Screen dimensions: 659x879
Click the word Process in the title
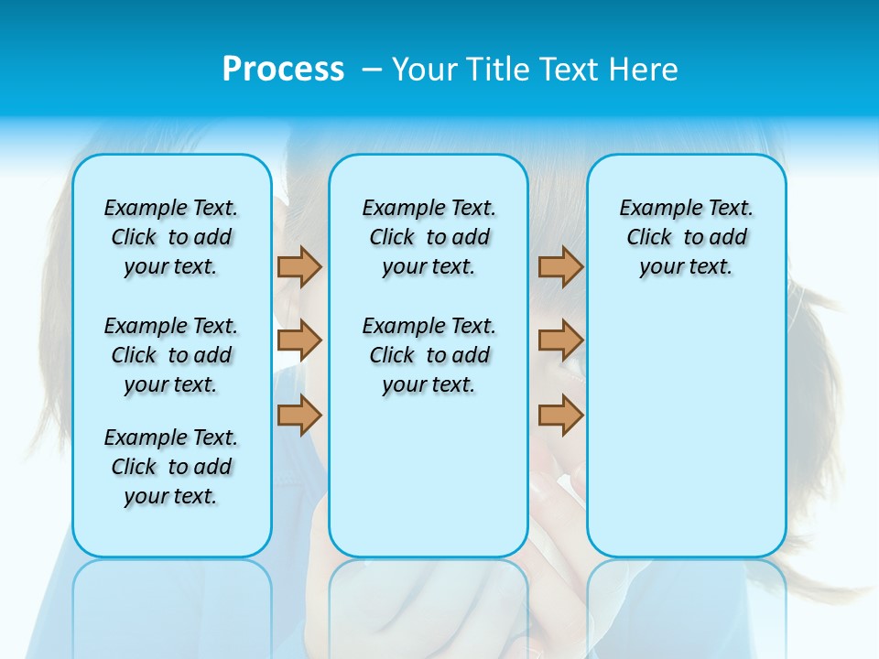click(x=283, y=70)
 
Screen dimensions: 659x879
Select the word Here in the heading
click(x=645, y=70)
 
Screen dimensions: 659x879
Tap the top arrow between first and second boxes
click(x=299, y=266)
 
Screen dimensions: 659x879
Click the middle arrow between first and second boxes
click(x=299, y=340)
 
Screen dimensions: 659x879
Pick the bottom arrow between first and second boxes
click(x=299, y=415)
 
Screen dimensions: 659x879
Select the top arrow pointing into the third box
click(x=560, y=266)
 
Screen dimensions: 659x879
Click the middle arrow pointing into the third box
click(x=560, y=340)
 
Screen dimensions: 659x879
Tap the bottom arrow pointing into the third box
click(x=560, y=415)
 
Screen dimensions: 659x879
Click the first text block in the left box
click(x=171, y=237)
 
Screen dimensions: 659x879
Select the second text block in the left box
click(x=171, y=355)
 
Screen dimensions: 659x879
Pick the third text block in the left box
click(x=171, y=467)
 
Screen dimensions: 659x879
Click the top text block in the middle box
click(x=429, y=237)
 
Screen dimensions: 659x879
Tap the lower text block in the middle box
click(x=429, y=355)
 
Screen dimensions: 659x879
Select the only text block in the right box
click(x=686, y=237)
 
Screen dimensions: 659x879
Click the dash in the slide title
click(x=372, y=70)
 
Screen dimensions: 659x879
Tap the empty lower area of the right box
click(x=686, y=439)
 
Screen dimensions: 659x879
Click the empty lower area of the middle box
click(x=429, y=476)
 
